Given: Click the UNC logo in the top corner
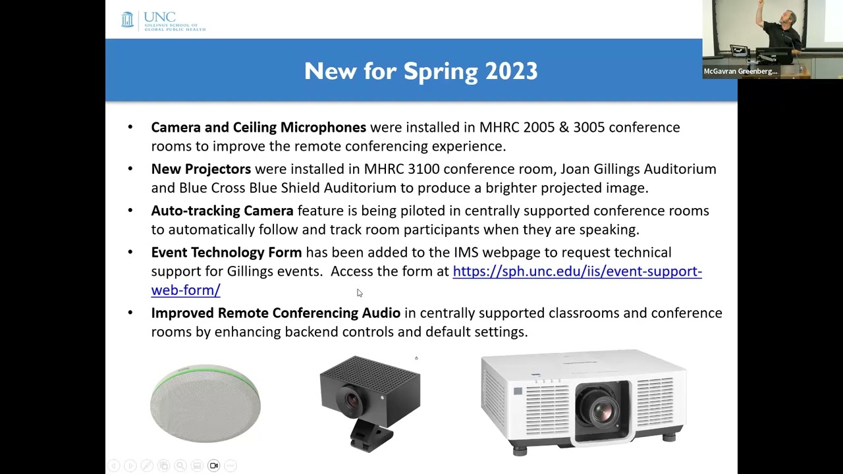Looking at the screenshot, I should pyautogui.click(x=163, y=20).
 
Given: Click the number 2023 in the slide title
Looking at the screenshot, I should pyautogui.click(x=511, y=71).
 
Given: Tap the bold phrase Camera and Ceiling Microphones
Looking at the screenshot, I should pyautogui.click(x=258, y=127).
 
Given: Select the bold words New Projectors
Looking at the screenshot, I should pyautogui.click(x=201, y=169).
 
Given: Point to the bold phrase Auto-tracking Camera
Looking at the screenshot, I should pyautogui.click(x=222, y=211).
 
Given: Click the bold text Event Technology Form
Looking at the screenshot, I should pyautogui.click(x=226, y=252).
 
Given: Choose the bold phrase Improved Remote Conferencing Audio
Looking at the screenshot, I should pyautogui.click(x=275, y=313).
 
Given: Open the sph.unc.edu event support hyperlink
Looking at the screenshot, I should pyautogui.click(x=577, y=271).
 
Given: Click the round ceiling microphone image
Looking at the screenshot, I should pyautogui.click(x=205, y=402).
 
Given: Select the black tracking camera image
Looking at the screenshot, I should pyautogui.click(x=369, y=402).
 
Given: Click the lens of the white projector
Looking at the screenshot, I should pyautogui.click(x=601, y=412).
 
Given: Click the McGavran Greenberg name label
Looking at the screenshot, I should pyautogui.click(x=740, y=71).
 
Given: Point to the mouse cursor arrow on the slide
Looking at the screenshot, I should pyautogui.click(x=359, y=293).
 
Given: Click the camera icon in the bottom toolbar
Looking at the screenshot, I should pyautogui.click(x=213, y=465).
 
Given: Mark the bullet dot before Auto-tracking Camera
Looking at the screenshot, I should pyautogui.click(x=130, y=211).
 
